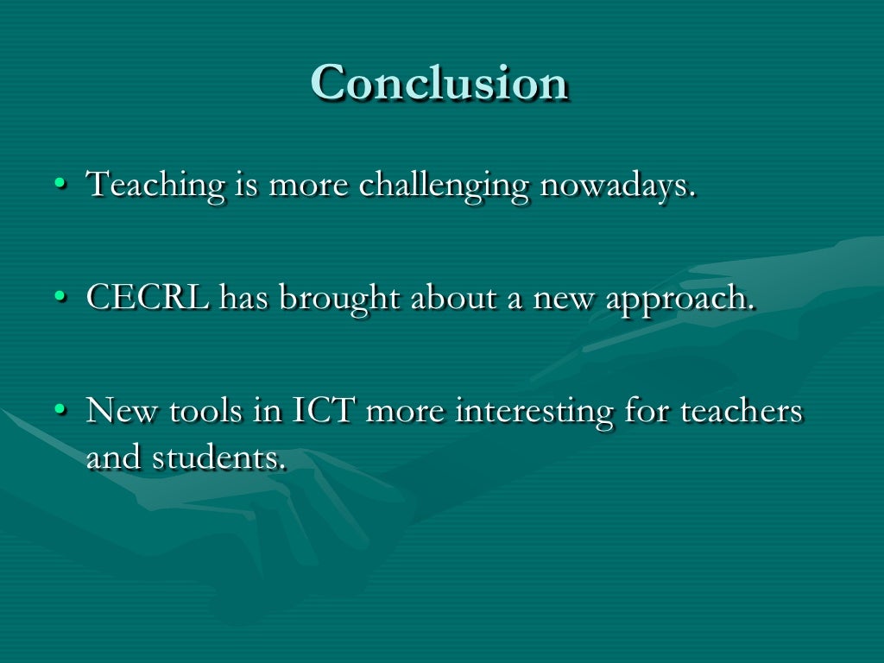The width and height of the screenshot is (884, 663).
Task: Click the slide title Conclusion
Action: [439, 84]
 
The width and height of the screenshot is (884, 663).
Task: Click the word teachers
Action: [742, 411]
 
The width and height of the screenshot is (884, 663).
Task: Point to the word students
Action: [219, 458]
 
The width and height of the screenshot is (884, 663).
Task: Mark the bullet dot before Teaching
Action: [59, 185]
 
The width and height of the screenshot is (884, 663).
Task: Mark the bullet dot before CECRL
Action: [59, 298]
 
